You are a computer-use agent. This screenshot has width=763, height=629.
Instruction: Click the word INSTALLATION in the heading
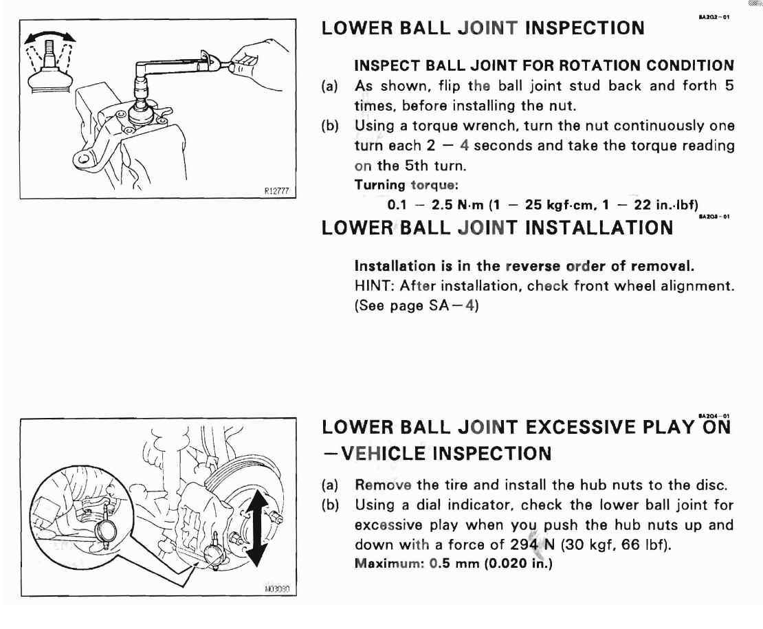[x=599, y=228]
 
